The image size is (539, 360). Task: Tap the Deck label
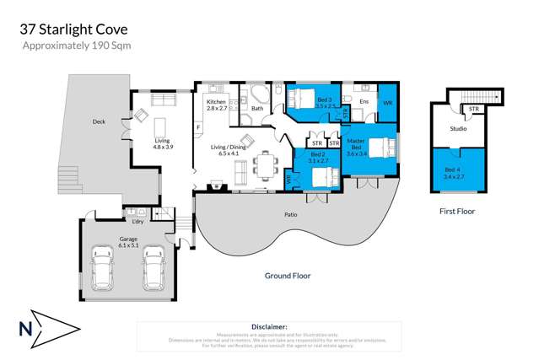[99, 122]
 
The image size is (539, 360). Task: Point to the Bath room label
[257, 108]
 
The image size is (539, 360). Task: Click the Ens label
[364, 102]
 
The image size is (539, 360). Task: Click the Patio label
[290, 214]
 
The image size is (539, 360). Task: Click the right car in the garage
[153, 268]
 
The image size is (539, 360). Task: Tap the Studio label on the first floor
[458, 129]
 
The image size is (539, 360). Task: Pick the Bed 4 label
[454, 173]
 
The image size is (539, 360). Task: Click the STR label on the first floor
[474, 109]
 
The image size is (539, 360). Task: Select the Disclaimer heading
[269, 325]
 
